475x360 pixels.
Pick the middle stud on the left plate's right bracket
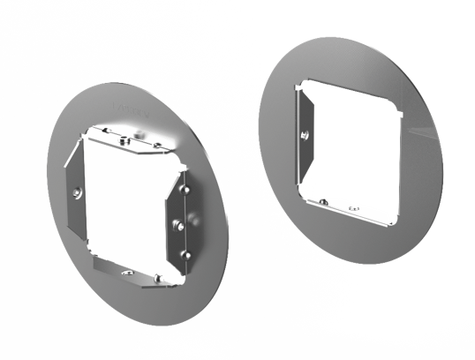[x=177, y=222]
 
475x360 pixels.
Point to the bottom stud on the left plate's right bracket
[x=184, y=255]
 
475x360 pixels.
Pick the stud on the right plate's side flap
[x=304, y=135]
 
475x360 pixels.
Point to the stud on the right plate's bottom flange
[x=324, y=202]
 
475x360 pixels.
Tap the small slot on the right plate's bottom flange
[x=358, y=210]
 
